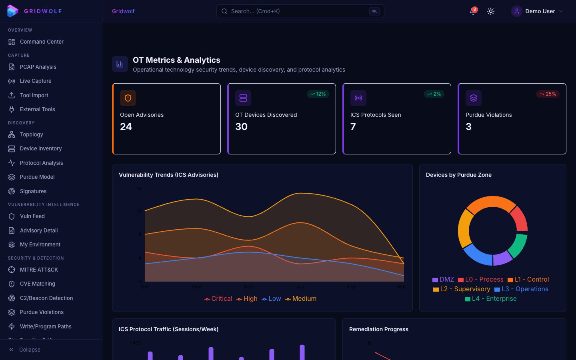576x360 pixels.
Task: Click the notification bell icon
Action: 473,11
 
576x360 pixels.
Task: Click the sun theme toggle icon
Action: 491,11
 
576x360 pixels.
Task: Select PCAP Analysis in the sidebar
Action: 38,67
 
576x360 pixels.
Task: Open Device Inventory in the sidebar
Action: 41,148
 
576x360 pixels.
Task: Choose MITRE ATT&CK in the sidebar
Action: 39,270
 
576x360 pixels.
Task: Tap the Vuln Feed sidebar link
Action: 32,216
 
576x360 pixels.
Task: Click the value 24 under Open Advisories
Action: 126,127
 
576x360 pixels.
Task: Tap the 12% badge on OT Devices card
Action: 318,94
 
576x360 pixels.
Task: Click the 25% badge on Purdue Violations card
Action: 548,94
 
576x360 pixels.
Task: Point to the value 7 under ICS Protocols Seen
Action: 353,127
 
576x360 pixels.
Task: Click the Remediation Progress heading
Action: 379,329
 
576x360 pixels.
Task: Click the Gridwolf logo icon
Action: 13,11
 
